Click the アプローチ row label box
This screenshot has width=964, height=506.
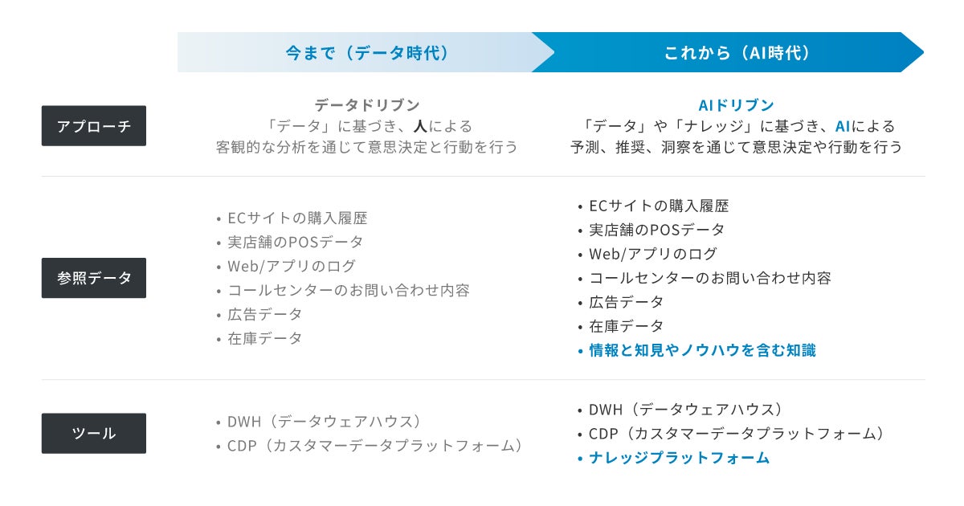(x=93, y=126)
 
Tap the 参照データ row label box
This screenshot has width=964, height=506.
(x=93, y=278)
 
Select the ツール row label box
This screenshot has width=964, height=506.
(x=93, y=433)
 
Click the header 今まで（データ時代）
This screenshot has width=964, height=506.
(x=366, y=53)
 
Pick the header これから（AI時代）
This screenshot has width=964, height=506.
(x=737, y=53)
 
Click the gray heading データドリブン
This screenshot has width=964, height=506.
(x=366, y=105)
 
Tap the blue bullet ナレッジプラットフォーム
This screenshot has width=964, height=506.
(x=679, y=458)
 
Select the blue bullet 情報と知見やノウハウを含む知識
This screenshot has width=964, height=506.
(x=702, y=350)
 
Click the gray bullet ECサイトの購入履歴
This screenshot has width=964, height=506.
(x=297, y=218)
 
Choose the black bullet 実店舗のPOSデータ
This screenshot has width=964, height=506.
(x=656, y=230)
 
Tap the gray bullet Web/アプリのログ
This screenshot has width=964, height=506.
(x=291, y=266)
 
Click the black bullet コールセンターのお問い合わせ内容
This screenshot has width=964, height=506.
(x=709, y=278)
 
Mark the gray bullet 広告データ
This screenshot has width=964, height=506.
(x=264, y=314)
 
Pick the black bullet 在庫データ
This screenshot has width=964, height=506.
(x=626, y=326)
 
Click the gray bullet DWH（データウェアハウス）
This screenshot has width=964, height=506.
(x=325, y=422)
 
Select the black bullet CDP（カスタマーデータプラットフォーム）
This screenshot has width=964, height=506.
(x=736, y=434)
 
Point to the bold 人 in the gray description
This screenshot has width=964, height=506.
(x=419, y=126)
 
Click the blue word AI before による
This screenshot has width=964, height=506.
(x=843, y=126)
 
